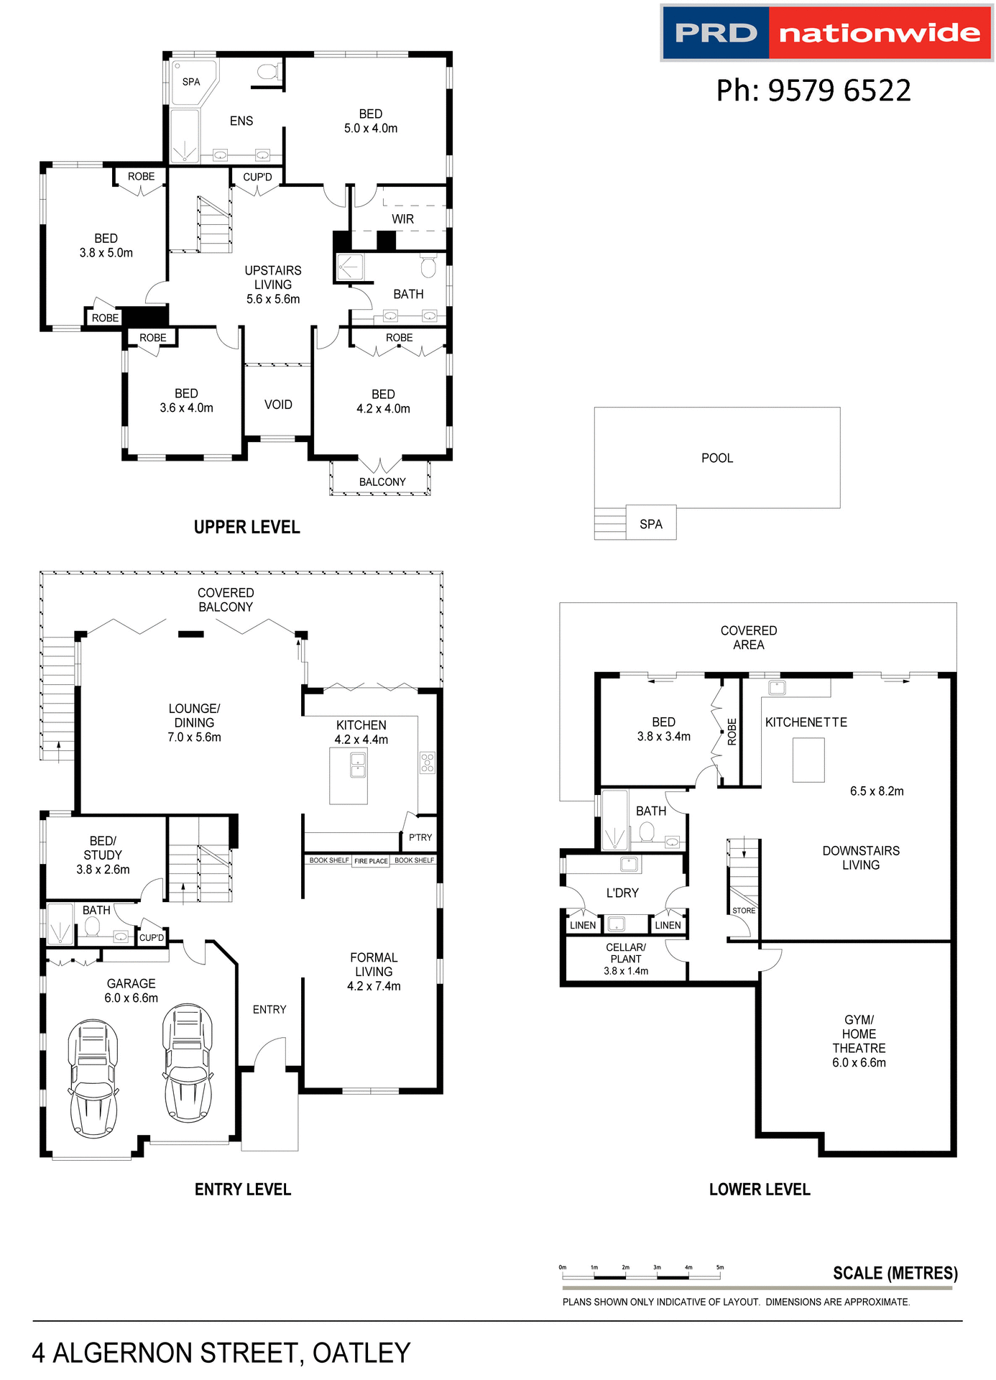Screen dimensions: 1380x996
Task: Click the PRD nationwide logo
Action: pyautogui.click(x=826, y=33)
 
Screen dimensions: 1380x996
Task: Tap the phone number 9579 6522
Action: pyautogui.click(x=813, y=91)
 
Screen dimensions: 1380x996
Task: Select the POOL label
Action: pyautogui.click(x=716, y=459)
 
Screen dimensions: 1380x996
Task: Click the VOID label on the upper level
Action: pyautogui.click(x=278, y=405)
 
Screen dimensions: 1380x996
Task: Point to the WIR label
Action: pyautogui.click(x=402, y=219)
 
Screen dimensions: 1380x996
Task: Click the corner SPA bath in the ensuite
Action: pyautogui.click(x=190, y=83)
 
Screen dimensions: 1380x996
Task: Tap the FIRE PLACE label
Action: pyautogui.click(x=371, y=861)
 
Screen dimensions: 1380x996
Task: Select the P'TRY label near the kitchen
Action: pyautogui.click(x=420, y=837)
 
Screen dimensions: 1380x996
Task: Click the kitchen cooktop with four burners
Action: pyautogui.click(x=428, y=763)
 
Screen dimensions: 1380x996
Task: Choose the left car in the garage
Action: pyautogui.click(x=93, y=1078)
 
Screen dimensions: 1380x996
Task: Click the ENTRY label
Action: pyautogui.click(x=269, y=1010)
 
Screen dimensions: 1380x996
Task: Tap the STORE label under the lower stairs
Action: pyautogui.click(x=744, y=911)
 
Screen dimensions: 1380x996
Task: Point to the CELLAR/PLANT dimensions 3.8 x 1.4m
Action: pyautogui.click(x=626, y=971)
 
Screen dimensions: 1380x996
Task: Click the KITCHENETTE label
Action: pyautogui.click(x=806, y=722)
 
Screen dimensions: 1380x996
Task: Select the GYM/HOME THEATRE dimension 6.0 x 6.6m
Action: pyautogui.click(x=859, y=1063)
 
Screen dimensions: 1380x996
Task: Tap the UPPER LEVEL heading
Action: pyautogui.click(x=246, y=528)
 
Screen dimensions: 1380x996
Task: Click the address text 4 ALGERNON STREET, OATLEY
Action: pyautogui.click(x=221, y=1353)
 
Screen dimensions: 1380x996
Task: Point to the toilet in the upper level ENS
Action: pyautogui.click(x=268, y=71)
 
